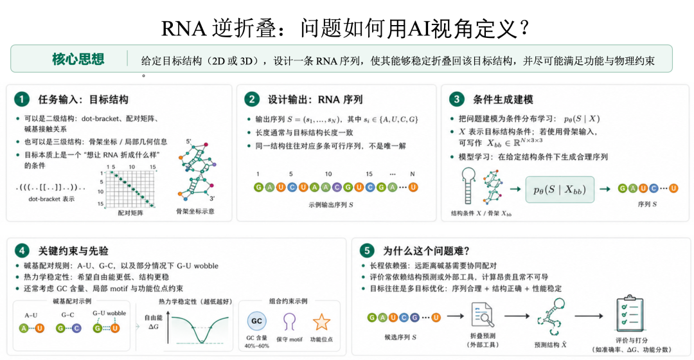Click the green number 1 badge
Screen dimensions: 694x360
(21, 99)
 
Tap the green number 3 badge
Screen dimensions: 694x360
(456, 99)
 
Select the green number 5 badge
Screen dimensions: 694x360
(366, 251)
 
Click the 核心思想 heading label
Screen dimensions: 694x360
(78, 59)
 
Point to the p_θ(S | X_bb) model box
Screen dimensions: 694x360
(560, 190)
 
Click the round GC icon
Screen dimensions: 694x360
(256, 321)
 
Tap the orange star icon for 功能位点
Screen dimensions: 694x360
(321, 322)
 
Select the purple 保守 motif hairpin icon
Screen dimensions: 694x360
(289, 321)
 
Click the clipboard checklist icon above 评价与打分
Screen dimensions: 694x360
(630, 314)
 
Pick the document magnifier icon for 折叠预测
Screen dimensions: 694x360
(483, 315)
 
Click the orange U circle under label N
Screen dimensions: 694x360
(413, 187)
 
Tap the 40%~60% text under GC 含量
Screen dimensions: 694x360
(256, 346)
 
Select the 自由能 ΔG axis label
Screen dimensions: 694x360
(154, 322)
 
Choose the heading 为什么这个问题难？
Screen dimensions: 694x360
(426, 251)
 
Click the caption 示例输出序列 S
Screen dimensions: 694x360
(331, 205)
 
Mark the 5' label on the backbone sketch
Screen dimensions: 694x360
(188, 141)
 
